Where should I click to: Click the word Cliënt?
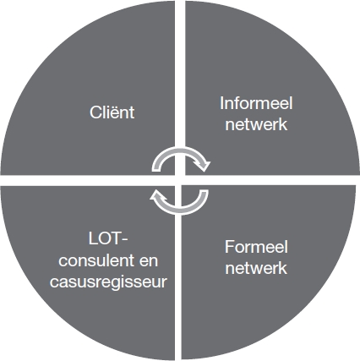(112, 112)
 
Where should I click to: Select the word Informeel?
(256, 103)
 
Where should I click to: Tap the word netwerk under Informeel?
(256, 123)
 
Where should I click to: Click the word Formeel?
(256, 247)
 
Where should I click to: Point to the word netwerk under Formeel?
(256, 267)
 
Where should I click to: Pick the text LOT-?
(108, 239)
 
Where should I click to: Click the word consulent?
(96, 260)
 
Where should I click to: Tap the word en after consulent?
(149, 261)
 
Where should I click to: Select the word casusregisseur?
(108, 282)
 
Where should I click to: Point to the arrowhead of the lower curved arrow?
(155, 194)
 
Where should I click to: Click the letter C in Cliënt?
(95, 112)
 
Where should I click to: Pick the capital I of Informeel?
(221, 103)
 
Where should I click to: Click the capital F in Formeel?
(229, 247)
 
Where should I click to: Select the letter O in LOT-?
(105, 239)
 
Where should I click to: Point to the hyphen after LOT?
(125, 241)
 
